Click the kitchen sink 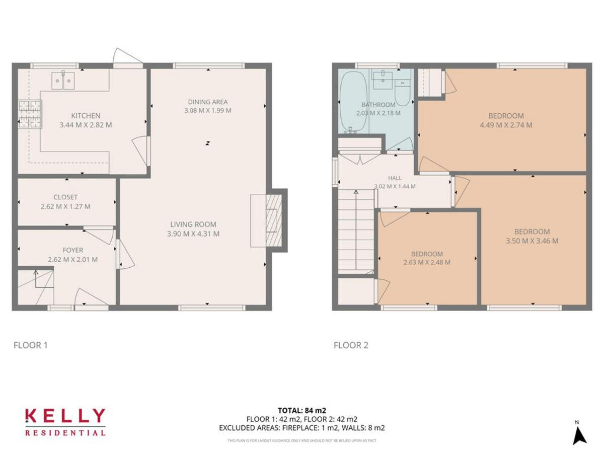[x=63, y=81]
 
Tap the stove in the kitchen [x=29, y=114]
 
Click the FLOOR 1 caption [x=30, y=345]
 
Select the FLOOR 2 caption [x=351, y=345]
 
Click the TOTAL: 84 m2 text [x=302, y=410]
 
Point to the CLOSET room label [x=65, y=197]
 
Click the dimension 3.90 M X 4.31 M [x=193, y=234]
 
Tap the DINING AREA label [x=207, y=102]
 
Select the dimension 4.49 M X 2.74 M [x=506, y=125]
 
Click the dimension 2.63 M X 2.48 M [x=427, y=262]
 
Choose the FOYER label [x=72, y=250]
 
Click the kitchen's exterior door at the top [x=128, y=58]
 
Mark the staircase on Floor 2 [x=356, y=232]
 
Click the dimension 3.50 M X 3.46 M [x=532, y=241]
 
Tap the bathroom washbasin [x=384, y=77]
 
